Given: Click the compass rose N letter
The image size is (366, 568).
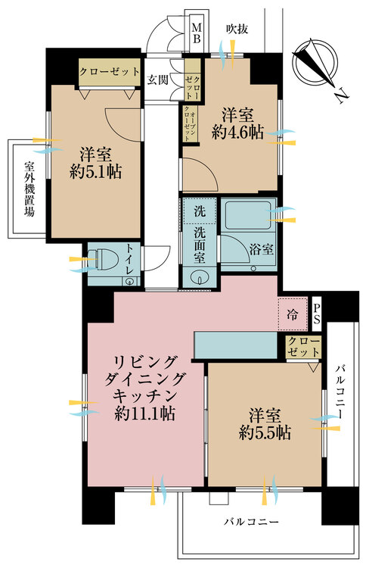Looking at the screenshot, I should click(341, 95).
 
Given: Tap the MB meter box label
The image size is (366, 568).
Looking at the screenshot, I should click(196, 31).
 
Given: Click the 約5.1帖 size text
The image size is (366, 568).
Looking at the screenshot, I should click(95, 170).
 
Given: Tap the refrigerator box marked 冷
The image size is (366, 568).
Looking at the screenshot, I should click(292, 311).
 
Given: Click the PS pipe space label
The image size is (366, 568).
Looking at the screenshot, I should click(318, 313).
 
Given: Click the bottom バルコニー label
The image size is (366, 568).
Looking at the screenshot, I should click(251, 523).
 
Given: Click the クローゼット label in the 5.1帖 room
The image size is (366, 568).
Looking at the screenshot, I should click(110, 72).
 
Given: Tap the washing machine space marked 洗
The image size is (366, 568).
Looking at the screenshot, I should click(198, 209).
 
